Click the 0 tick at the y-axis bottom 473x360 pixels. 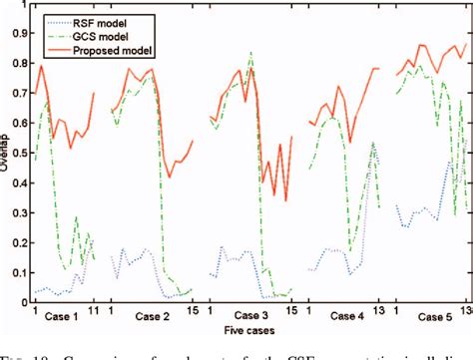23,302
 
